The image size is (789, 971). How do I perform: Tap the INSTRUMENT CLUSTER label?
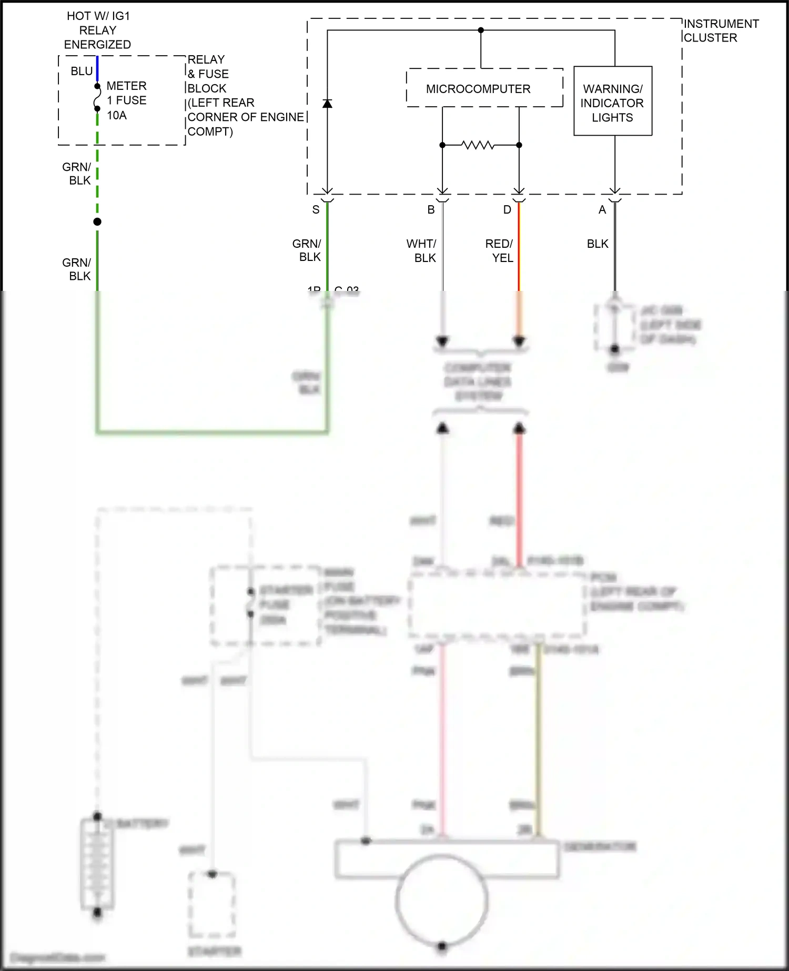721,31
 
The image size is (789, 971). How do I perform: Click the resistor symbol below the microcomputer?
478,145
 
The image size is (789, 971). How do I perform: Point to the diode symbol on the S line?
327,103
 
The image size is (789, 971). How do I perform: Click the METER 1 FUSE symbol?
97,98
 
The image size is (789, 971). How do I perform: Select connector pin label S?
316,209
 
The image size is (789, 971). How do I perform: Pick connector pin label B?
431,209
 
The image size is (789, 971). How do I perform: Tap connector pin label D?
507,209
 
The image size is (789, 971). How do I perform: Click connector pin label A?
602,209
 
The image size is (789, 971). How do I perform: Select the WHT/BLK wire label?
421,250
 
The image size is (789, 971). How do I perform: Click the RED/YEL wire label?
499,250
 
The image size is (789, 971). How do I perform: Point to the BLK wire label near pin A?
598,244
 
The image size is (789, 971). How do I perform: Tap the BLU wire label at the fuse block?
82,71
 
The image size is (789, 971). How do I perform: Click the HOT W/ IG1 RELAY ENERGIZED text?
98,30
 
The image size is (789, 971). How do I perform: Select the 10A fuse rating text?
117,115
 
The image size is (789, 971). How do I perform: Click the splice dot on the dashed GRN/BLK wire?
97,221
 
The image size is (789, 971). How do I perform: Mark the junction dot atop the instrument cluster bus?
481,31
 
